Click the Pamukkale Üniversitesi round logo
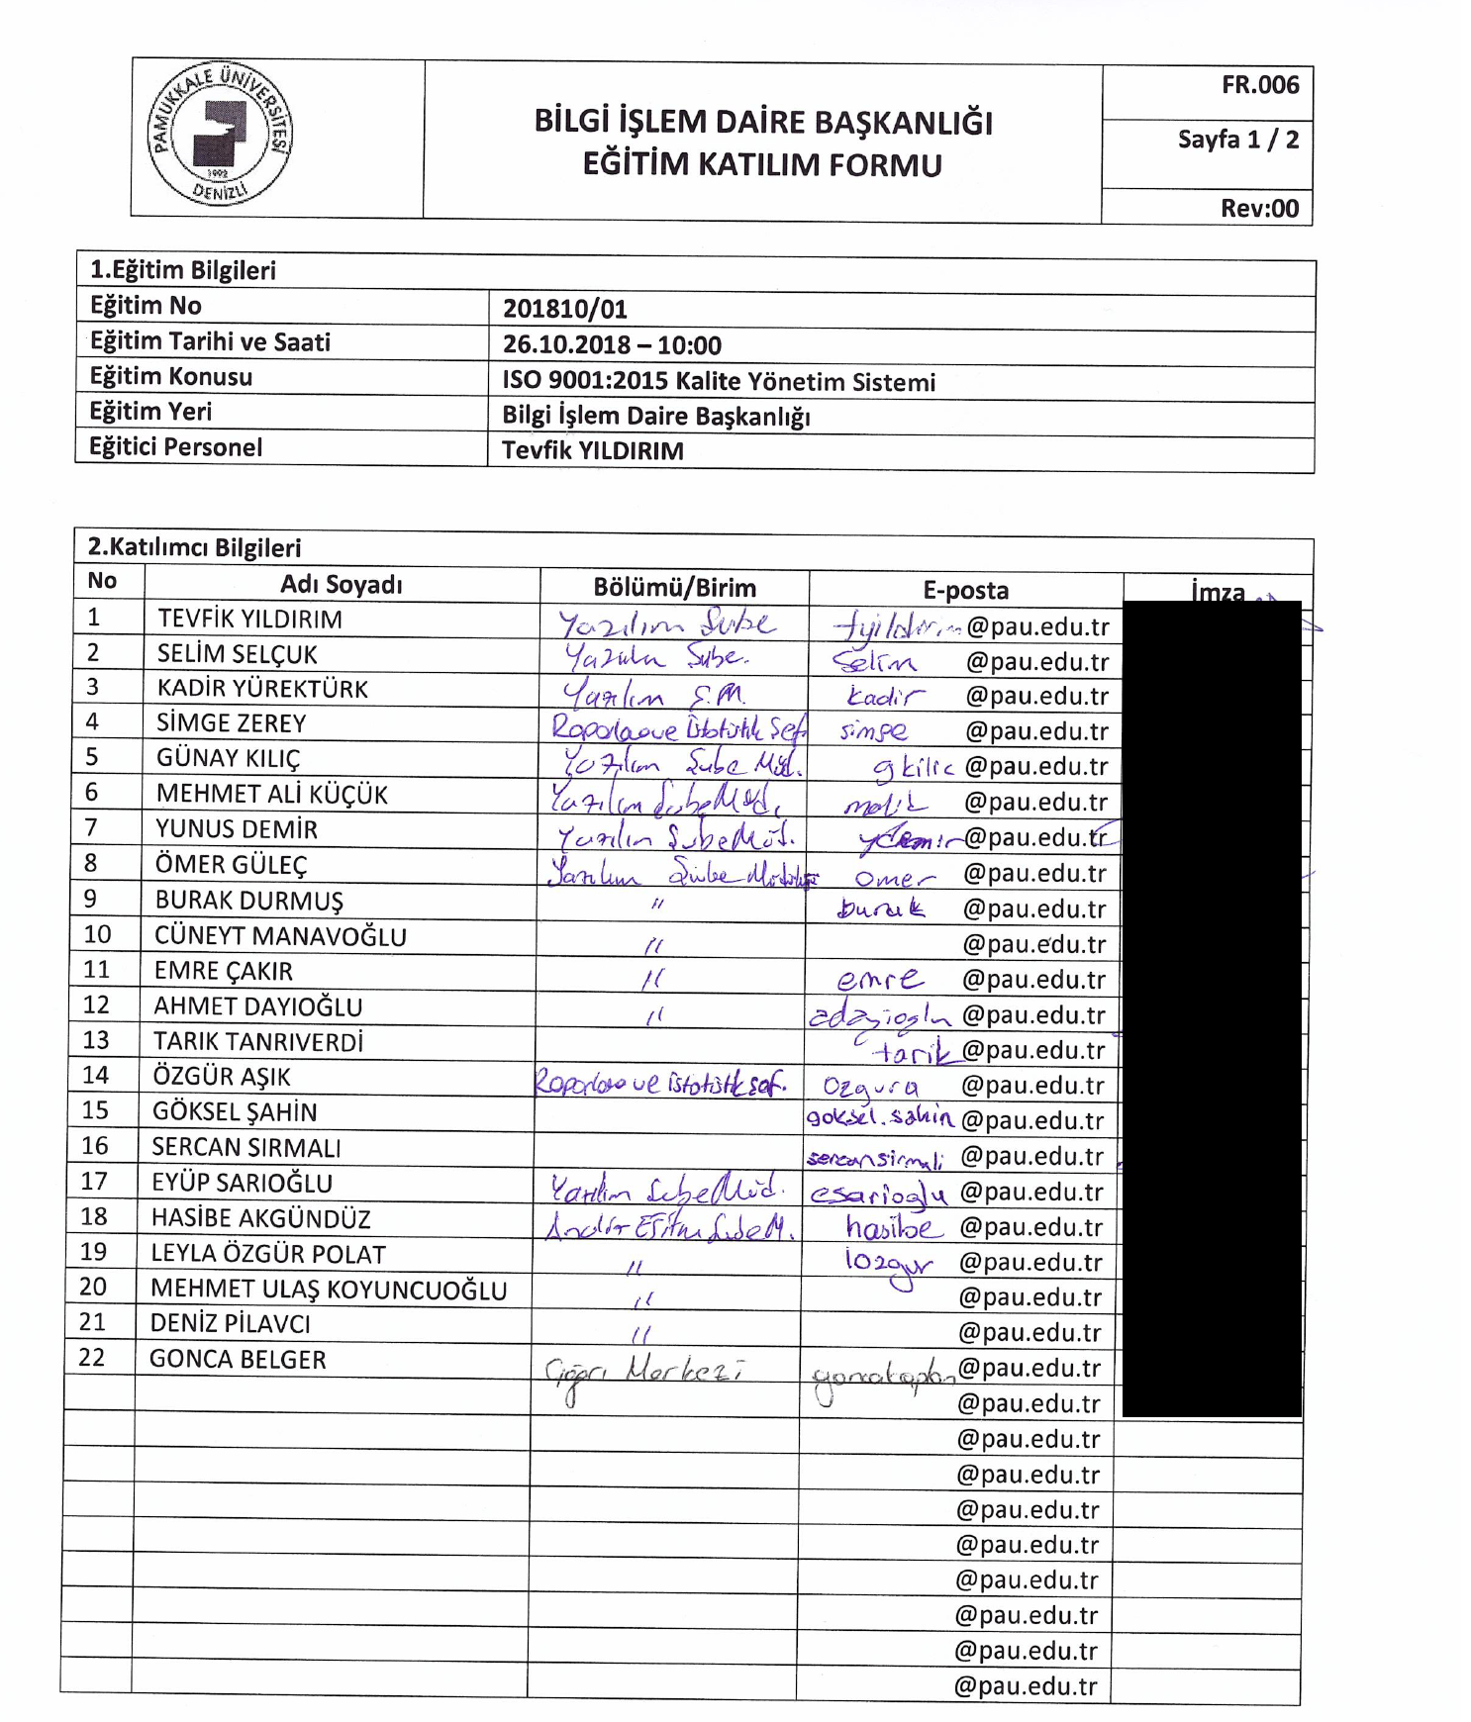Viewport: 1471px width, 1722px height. point(220,133)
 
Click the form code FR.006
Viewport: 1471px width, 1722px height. point(1258,85)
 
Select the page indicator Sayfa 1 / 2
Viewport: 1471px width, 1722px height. point(1237,140)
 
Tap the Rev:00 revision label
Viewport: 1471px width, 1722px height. point(1258,208)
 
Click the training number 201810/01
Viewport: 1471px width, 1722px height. point(564,309)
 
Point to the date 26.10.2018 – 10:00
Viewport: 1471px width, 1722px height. point(611,345)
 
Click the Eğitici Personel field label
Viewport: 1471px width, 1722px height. point(175,447)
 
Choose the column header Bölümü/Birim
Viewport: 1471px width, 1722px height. point(674,588)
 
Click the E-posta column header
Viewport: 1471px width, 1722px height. point(965,591)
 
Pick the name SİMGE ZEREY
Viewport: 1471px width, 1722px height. point(231,723)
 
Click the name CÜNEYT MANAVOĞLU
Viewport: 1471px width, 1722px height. point(280,936)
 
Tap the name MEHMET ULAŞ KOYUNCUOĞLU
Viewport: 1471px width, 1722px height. point(328,1290)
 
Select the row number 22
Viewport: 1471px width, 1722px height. point(91,1357)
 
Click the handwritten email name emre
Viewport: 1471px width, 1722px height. point(879,980)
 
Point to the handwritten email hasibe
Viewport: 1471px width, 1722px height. point(888,1228)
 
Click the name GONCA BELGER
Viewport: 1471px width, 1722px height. point(238,1360)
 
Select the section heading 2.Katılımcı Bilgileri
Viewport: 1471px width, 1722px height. point(194,547)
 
